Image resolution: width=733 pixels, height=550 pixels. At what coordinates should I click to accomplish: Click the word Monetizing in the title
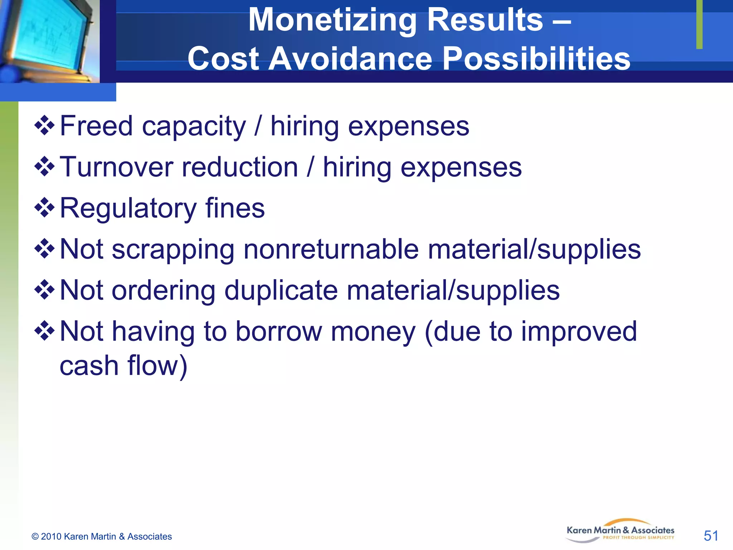333,21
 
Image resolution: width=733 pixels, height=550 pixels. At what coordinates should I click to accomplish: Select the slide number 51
711,536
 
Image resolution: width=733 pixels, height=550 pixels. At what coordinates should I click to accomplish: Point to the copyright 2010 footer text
102,536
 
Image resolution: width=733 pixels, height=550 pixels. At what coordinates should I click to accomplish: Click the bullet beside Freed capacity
44,125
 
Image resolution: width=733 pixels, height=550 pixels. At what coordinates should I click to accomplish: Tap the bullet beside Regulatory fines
44,207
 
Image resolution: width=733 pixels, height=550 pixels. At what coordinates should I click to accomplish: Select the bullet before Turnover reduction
44,167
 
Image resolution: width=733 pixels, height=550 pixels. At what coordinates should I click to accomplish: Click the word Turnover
117,167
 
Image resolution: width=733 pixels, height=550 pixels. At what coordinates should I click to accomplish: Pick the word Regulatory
128,209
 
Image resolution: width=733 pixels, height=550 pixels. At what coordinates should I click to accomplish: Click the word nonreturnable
331,249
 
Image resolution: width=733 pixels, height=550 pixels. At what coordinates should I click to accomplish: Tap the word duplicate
281,290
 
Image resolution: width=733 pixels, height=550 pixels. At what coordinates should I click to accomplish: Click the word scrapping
173,250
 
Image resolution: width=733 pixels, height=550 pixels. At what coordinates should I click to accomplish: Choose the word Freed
96,126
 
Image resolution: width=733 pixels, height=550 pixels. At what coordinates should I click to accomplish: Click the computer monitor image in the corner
48,39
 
